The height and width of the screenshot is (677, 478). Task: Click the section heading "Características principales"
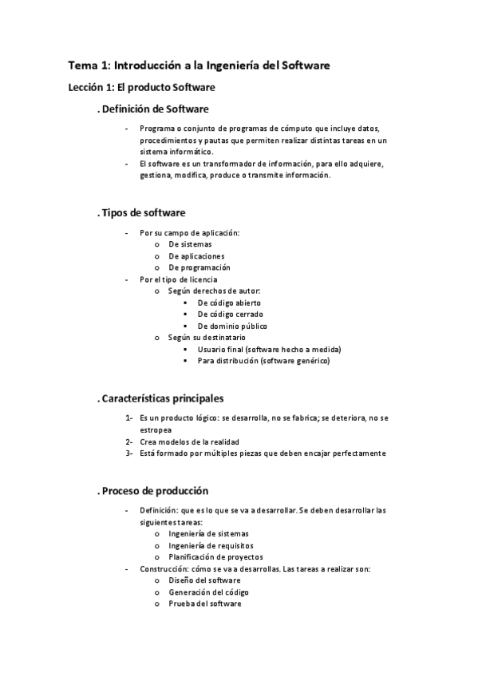point(163,398)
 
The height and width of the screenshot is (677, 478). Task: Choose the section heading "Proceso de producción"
point(155,490)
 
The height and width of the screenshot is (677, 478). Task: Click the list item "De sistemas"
point(191,244)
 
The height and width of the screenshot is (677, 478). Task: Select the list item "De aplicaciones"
point(196,256)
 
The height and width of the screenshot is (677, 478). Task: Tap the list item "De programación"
point(199,267)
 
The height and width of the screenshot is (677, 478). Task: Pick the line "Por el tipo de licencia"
point(178,279)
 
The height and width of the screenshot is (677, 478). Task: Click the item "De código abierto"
point(228,303)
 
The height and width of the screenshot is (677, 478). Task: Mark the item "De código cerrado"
point(229,315)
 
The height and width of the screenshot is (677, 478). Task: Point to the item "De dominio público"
point(232,326)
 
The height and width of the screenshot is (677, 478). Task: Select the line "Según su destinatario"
point(207,338)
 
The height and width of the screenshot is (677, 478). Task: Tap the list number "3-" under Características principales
point(128,453)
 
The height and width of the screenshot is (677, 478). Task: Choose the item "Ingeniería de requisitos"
point(209,545)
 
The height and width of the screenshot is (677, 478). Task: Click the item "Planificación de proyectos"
point(215,556)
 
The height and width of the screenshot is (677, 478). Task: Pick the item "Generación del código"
point(208,592)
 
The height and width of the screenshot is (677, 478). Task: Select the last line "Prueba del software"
point(204,604)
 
